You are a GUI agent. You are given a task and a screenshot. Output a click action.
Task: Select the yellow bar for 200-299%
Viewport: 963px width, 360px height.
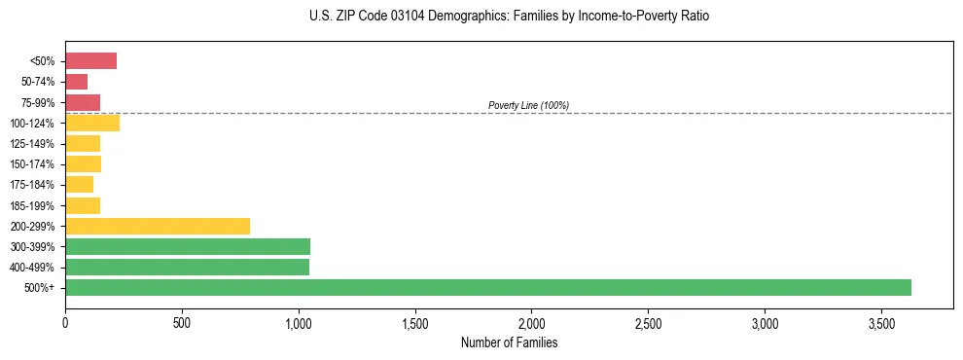click(x=158, y=226)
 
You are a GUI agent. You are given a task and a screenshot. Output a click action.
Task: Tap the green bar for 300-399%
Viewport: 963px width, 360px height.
click(x=188, y=246)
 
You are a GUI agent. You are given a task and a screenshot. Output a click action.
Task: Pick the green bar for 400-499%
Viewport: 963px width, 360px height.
click(x=187, y=267)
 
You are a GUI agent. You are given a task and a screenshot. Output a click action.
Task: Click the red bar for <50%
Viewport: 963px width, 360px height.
click(x=90, y=61)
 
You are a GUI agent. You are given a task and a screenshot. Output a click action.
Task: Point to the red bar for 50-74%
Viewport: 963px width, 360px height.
click(x=76, y=82)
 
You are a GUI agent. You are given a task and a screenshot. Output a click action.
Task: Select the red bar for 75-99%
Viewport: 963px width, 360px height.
click(x=83, y=102)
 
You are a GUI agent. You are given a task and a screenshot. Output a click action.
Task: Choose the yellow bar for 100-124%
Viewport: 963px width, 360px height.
click(x=92, y=123)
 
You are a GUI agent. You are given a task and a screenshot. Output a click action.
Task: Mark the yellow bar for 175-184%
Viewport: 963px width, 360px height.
click(x=79, y=185)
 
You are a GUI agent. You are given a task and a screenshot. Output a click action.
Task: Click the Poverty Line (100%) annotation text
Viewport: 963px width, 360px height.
click(x=528, y=105)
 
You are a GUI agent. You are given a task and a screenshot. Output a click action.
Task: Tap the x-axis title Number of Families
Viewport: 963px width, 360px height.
click(x=509, y=342)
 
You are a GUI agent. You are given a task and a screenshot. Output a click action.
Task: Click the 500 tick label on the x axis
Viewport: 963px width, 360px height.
click(x=182, y=321)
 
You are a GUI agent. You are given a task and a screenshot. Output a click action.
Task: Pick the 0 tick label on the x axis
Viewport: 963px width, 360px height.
click(x=65, y=321)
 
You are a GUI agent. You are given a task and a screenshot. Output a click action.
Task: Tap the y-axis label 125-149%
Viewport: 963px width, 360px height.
click(x=32, y=144)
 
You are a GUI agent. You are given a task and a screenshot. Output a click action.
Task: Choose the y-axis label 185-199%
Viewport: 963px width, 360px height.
click(x=32, y=205)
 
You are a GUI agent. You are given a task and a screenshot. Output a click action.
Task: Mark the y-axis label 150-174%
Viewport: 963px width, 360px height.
click(x=32, y=164)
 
